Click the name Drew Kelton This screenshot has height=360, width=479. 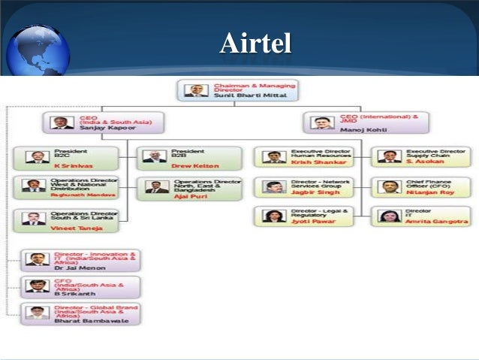(x=195, y=165)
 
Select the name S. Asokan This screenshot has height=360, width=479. (x=423, y=162)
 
